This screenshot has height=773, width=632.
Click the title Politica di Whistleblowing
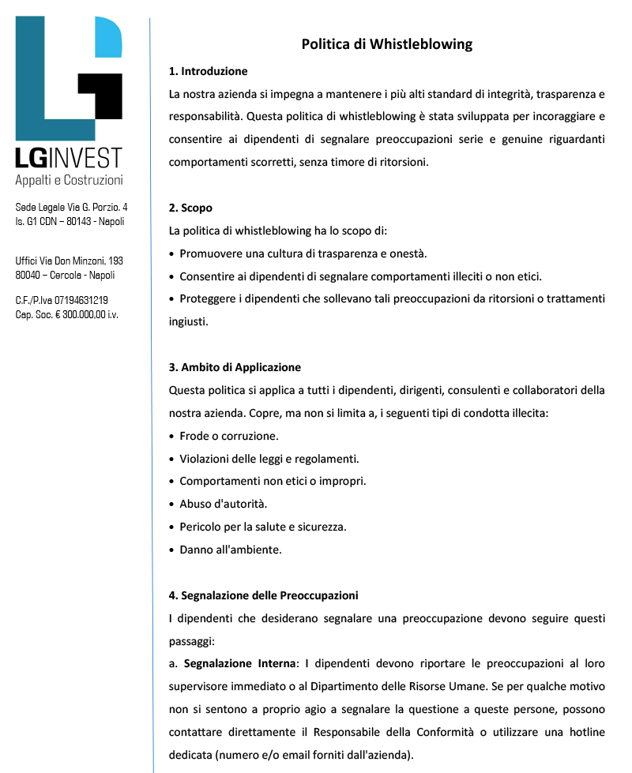pyautogui.click(x=386, y=44)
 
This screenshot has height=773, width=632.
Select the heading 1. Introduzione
pyautogui.click(x=208, y=71)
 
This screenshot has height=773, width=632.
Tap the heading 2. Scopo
pyautogui.click(x=190, y=208)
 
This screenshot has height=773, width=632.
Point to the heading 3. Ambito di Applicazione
pyautogui.click(x=235, y=367)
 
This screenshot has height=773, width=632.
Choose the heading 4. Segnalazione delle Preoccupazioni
pyautogui.click(x=263, y=595)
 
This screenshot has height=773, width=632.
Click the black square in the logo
pyautogui.click(x=100, y=94)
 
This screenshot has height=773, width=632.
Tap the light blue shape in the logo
pyautogui.click(x=108, y=38)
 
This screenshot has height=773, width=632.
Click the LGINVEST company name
pyautogui.click(x=70, y=158)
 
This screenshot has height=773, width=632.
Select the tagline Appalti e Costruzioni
pyautogui.click(x=70, y=180)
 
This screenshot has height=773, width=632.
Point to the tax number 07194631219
pyautogui.click(x=81, y=301)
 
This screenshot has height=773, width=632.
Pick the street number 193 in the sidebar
pyautogui.click(x=115, y=261)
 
